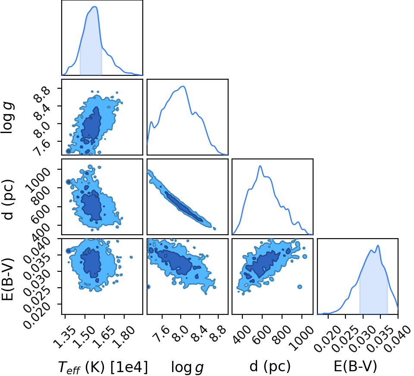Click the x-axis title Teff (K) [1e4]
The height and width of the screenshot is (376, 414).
tap(103, 367)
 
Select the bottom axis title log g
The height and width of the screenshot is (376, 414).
tap(188, 367)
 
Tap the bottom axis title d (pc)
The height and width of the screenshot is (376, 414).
tap(270, 366)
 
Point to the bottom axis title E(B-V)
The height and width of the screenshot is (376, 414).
tap(355, 366)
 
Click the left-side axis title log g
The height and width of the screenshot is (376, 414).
tap(8, 118)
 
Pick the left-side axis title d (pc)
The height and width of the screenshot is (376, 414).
tap(8, 199)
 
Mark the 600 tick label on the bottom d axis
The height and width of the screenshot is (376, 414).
tap(261, 334)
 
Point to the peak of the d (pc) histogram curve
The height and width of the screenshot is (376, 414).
tap(260, 166)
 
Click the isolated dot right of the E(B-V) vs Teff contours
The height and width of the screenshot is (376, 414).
tap(131, 257)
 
